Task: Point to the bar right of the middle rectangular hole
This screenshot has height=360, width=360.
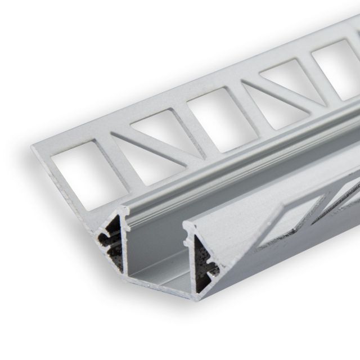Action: pyautogui.click(x=239, y=96)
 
